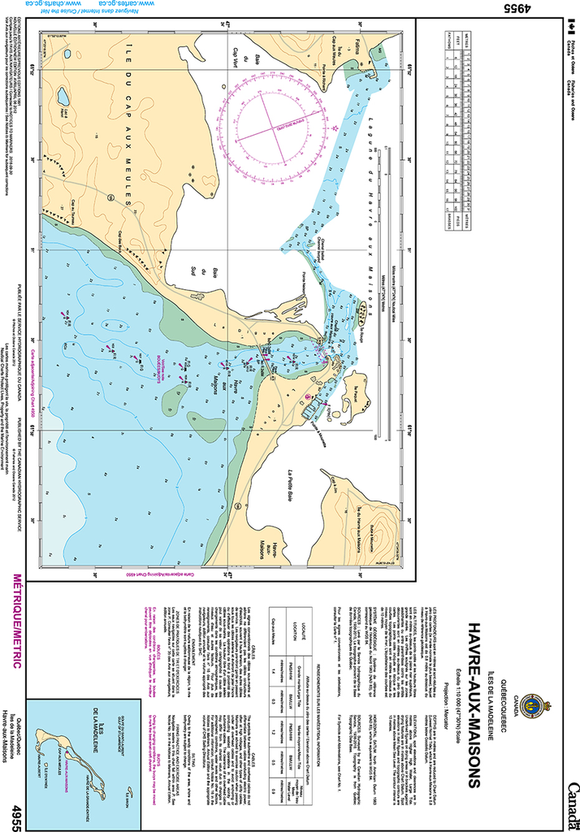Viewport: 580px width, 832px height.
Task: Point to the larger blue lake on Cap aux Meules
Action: [x=62, y=97]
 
